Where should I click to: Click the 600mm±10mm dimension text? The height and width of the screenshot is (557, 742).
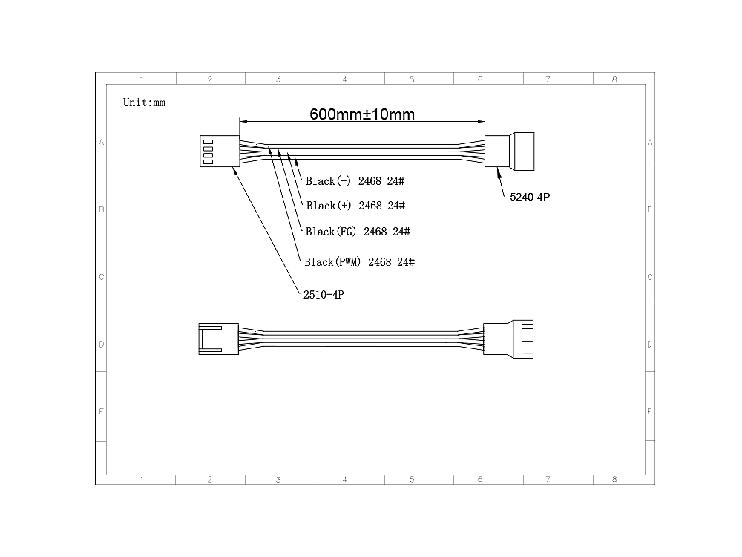[x=362, y=114]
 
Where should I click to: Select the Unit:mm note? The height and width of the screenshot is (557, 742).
[x=145, y=102]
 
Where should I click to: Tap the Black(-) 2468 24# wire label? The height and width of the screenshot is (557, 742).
[x=355, y=181]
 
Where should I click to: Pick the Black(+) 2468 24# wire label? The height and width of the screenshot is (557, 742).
[x=355, y=206]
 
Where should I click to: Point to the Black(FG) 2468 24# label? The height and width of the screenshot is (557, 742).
[x=358, y=232]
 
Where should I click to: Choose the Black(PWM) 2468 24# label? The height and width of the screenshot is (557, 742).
[x=360, y=262]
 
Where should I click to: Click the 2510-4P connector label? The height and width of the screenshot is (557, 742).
[x=324, y=295]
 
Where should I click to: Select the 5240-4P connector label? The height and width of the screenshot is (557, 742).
[x=530, y=197]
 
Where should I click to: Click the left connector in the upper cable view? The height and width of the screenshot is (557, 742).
[x=220, y=151]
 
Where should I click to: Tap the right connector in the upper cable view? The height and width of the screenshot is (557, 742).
[x=510, y=151]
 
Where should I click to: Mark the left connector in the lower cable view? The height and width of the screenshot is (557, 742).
[x=219, y=339]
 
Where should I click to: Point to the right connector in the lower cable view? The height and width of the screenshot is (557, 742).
[x=508, y=339]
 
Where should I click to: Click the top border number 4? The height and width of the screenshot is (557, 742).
[x=345, y=79]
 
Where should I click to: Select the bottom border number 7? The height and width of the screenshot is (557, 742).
[x=548, y=479]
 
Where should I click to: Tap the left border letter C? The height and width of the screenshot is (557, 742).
[x=101, y=277]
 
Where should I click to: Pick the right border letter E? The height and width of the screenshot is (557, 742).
[x=649, y=411]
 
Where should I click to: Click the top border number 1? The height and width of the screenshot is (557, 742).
[x=142, y=79]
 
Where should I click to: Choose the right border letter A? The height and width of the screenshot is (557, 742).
[x=650, y=142]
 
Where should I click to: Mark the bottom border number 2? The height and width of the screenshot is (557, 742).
[x=210, y=479]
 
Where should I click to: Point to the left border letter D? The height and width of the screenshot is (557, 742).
[x=101, y=345]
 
